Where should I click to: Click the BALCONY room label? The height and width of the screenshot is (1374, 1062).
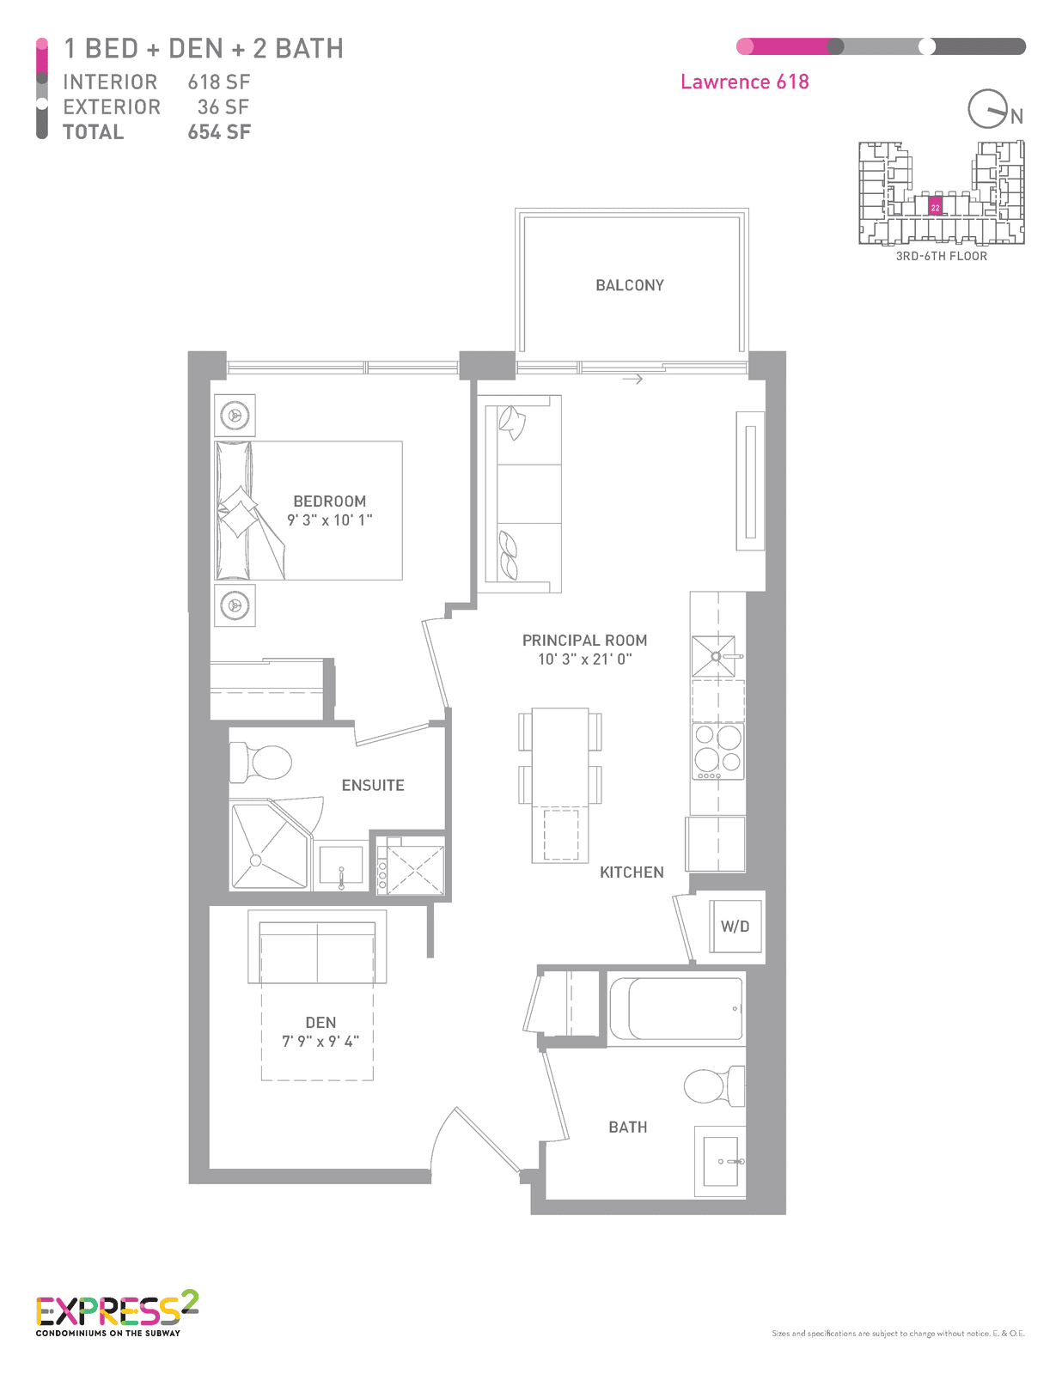629,285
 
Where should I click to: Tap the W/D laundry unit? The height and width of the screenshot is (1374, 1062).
735,927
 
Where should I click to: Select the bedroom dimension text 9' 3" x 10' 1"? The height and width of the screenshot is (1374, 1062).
330,520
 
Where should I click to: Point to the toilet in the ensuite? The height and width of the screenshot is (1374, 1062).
260,762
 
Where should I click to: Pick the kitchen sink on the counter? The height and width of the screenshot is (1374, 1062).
716,656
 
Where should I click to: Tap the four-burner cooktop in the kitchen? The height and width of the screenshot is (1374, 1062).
718,751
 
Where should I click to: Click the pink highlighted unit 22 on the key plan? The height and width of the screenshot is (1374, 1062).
935,208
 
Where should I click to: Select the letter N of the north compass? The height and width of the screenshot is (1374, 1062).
1016,116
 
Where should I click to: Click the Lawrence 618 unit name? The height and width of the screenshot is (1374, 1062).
744,82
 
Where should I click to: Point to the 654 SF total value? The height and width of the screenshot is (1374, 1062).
219,132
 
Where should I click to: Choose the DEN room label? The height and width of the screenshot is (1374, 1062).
320,1023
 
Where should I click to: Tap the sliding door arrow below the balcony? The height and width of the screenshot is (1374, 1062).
632,379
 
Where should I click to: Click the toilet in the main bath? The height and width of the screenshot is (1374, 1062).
714,1085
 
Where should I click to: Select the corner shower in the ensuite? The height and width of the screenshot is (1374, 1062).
271,847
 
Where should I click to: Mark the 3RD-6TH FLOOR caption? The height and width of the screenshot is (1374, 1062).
941,256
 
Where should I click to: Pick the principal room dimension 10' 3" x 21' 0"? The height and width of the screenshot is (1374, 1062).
584,659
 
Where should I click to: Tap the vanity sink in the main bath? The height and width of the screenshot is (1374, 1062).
720,1162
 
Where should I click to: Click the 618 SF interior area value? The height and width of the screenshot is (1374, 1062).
219,82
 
